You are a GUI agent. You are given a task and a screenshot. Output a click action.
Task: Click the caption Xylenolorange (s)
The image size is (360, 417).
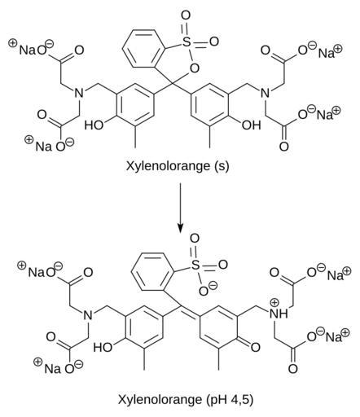(x=178, y=165)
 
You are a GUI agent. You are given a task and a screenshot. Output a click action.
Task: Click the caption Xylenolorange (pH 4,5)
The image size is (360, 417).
(x=186, y=399)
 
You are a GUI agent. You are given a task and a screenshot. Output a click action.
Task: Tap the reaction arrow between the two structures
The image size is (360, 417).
(x=180, y=208)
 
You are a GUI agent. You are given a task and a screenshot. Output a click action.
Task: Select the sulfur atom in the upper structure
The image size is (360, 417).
(x=186, y=42)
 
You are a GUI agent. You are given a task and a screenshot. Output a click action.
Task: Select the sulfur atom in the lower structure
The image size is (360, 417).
(x=195, y=265)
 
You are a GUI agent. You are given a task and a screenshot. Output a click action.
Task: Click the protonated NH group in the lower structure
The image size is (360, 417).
(x=279, y=314)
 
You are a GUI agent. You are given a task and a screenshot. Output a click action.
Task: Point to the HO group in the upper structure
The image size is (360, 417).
(x=94, y=125)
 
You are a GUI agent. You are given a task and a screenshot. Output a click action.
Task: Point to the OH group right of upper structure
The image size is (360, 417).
(x=252, y=125)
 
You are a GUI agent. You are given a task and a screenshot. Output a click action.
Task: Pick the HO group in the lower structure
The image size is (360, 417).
(x=103, y=347)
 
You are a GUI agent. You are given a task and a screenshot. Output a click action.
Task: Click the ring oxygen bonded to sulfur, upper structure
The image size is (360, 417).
(x=195, y=68)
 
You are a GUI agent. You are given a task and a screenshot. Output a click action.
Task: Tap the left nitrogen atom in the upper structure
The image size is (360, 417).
(x=79, y=93)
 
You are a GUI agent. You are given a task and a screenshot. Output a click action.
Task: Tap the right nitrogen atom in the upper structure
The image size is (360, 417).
(x=266, y=93)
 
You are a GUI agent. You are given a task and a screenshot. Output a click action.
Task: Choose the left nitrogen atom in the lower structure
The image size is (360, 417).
(x=88, y=315)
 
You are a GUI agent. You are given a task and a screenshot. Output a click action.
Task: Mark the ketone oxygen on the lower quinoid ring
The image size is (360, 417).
(x=255, y=347)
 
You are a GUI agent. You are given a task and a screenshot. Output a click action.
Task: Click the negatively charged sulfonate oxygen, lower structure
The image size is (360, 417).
(x=204, y=292)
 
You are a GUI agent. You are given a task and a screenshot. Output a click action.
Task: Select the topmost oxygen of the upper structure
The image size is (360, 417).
(x=186, y=15)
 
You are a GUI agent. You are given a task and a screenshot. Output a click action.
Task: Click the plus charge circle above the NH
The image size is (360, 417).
(x=275, y=302)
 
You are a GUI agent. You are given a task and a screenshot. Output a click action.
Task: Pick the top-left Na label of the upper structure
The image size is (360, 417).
(x=27, y=50)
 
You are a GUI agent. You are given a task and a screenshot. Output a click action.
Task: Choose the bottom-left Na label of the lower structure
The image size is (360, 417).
(x=52, y=369)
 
